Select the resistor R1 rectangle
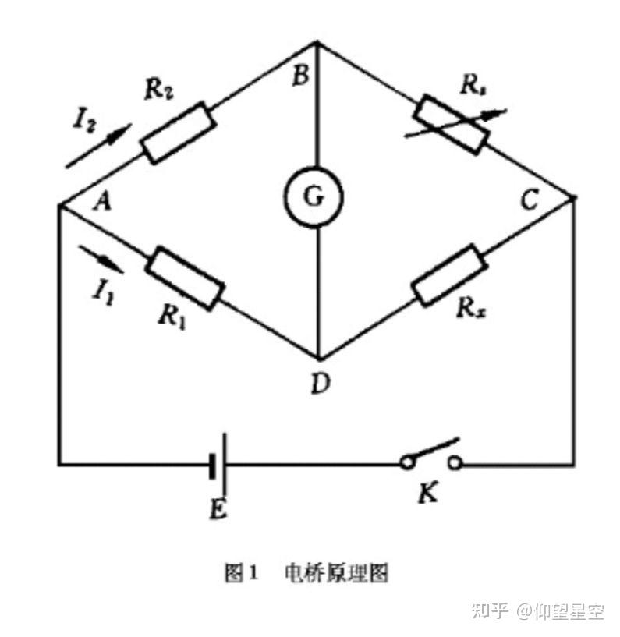pyautogui.click(x=185, y=278)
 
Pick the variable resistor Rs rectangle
pyautogui.click(x=452, y=123)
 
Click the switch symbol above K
pyautogui.click(x=430, y=456)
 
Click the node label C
pyautogui.click(x=530, y=201)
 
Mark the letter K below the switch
pyautogui.click(x=427, y=494)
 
